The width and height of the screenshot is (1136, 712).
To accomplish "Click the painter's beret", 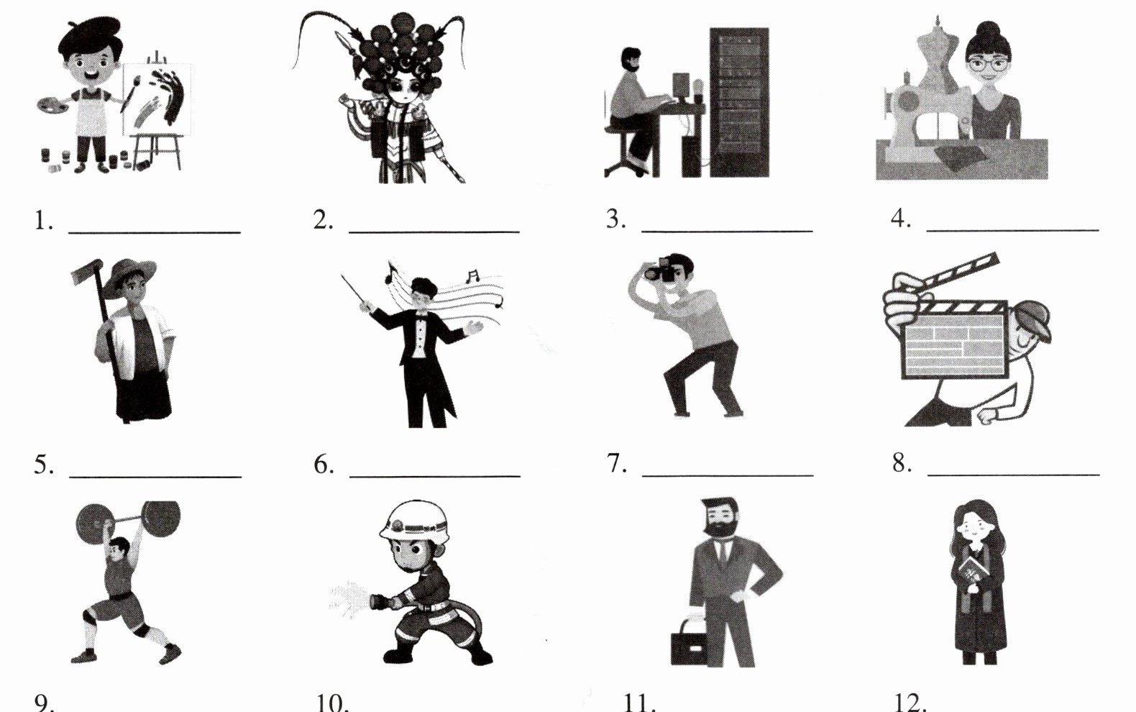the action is [88, 35].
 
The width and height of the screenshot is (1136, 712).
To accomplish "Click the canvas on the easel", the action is [157, 99].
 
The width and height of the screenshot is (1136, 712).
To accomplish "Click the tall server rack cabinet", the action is [739, 102].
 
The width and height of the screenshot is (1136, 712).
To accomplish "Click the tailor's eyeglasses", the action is [988, 65].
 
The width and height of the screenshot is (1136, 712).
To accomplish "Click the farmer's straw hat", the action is [129, 275].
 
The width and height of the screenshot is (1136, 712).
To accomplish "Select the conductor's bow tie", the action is [421, 314].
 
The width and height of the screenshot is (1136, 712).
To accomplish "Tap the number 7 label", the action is [617, 463].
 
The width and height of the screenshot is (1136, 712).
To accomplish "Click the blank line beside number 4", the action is [1013, 230].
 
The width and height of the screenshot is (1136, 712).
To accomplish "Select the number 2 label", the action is [323, 219].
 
